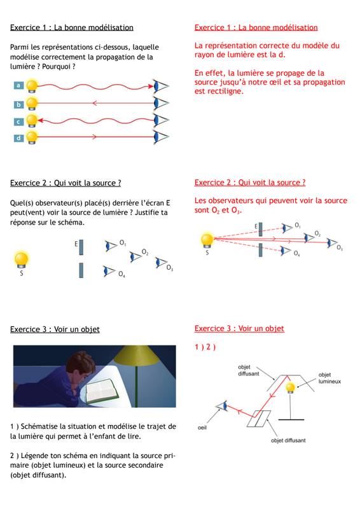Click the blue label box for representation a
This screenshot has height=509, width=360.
tap(18, 85)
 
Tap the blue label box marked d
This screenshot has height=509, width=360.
tap(18, 138)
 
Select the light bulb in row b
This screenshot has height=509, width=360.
tap(32, 103)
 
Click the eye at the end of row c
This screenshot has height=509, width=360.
tap(161, 120)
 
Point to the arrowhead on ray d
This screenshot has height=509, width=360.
tap(95, 137)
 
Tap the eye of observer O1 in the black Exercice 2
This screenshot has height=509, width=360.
tap(111, 246)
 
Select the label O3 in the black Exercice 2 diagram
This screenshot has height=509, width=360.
tap(169, 268)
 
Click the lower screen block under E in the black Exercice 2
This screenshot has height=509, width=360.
tap(81, 270)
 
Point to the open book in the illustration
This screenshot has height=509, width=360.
tap(102, 391)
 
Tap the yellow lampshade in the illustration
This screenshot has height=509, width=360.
tap(134, 356)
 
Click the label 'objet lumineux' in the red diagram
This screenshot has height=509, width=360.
tap(329, 378)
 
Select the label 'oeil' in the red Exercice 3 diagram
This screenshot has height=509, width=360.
tap(202, 428)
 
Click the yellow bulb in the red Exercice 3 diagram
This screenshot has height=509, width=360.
tap(290, 387)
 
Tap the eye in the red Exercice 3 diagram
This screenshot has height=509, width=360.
tap(221, 406)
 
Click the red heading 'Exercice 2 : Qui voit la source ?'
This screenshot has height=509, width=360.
tap(250, 183)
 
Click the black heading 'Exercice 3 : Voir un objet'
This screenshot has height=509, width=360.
tap(55, 329)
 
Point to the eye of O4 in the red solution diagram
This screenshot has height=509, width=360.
tap(286, 251)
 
